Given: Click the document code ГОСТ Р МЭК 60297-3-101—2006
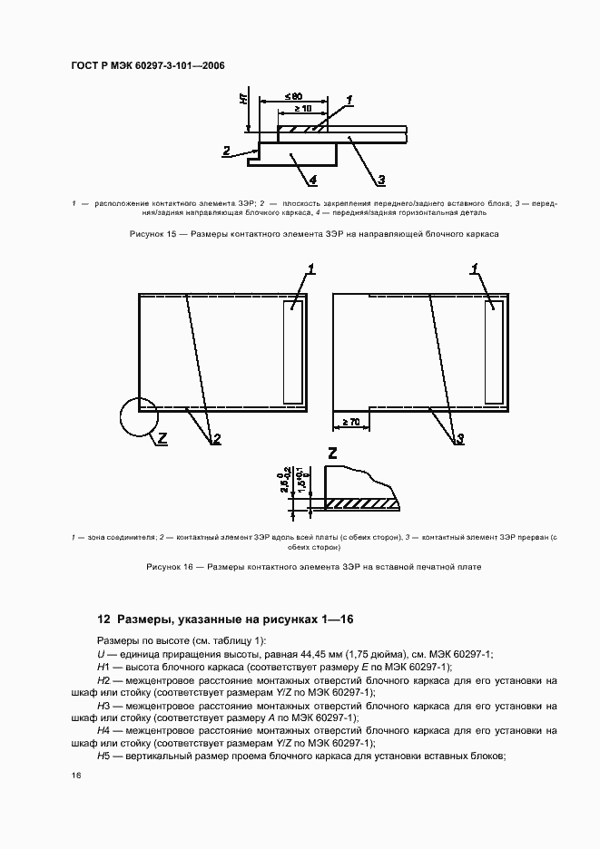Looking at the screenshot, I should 147,66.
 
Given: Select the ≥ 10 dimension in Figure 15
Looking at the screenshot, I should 301,110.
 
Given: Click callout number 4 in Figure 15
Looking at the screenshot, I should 313,178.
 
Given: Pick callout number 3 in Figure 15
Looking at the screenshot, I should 382,178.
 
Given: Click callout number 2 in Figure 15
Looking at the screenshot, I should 227,151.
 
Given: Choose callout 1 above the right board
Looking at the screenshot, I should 475,268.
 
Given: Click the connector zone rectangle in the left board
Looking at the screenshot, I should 292,353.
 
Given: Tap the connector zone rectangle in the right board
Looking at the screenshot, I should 494,353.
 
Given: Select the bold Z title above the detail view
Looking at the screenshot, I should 333,453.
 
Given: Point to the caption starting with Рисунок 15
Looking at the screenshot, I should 300,234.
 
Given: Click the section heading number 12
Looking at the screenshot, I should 103,619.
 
